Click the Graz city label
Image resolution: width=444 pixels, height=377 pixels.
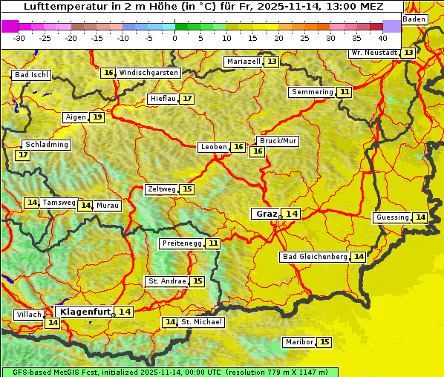pos(266,214)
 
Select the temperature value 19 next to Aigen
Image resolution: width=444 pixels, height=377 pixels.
pos(97,117)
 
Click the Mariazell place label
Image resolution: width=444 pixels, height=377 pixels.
pos(244,62)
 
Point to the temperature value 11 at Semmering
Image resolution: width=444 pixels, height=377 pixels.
pos(345,92)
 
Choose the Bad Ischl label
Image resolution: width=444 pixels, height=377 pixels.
pos(31,75)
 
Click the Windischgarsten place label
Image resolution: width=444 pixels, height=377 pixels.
pos(148,73)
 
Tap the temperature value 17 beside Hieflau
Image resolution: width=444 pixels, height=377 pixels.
pos(187,99)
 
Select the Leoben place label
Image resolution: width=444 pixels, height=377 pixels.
pos(214,147)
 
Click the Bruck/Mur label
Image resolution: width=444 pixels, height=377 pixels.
pos(278,141)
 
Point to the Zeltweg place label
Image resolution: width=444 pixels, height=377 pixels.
pos(161,189)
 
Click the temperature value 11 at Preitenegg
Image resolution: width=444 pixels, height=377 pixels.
pos(214,243)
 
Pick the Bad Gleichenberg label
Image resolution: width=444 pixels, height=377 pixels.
pos(315,257)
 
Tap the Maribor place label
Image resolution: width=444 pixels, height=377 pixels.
pos(299,342)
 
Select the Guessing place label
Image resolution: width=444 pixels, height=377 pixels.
pos(392,217)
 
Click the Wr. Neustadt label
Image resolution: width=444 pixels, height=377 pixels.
pos(374,53)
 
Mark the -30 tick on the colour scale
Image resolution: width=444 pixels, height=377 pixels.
pos(19,38)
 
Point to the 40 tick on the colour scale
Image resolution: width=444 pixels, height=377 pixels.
pos(382,38)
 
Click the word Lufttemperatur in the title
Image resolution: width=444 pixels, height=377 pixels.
pos(58,7)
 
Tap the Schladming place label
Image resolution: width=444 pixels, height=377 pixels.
pos(46,145)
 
